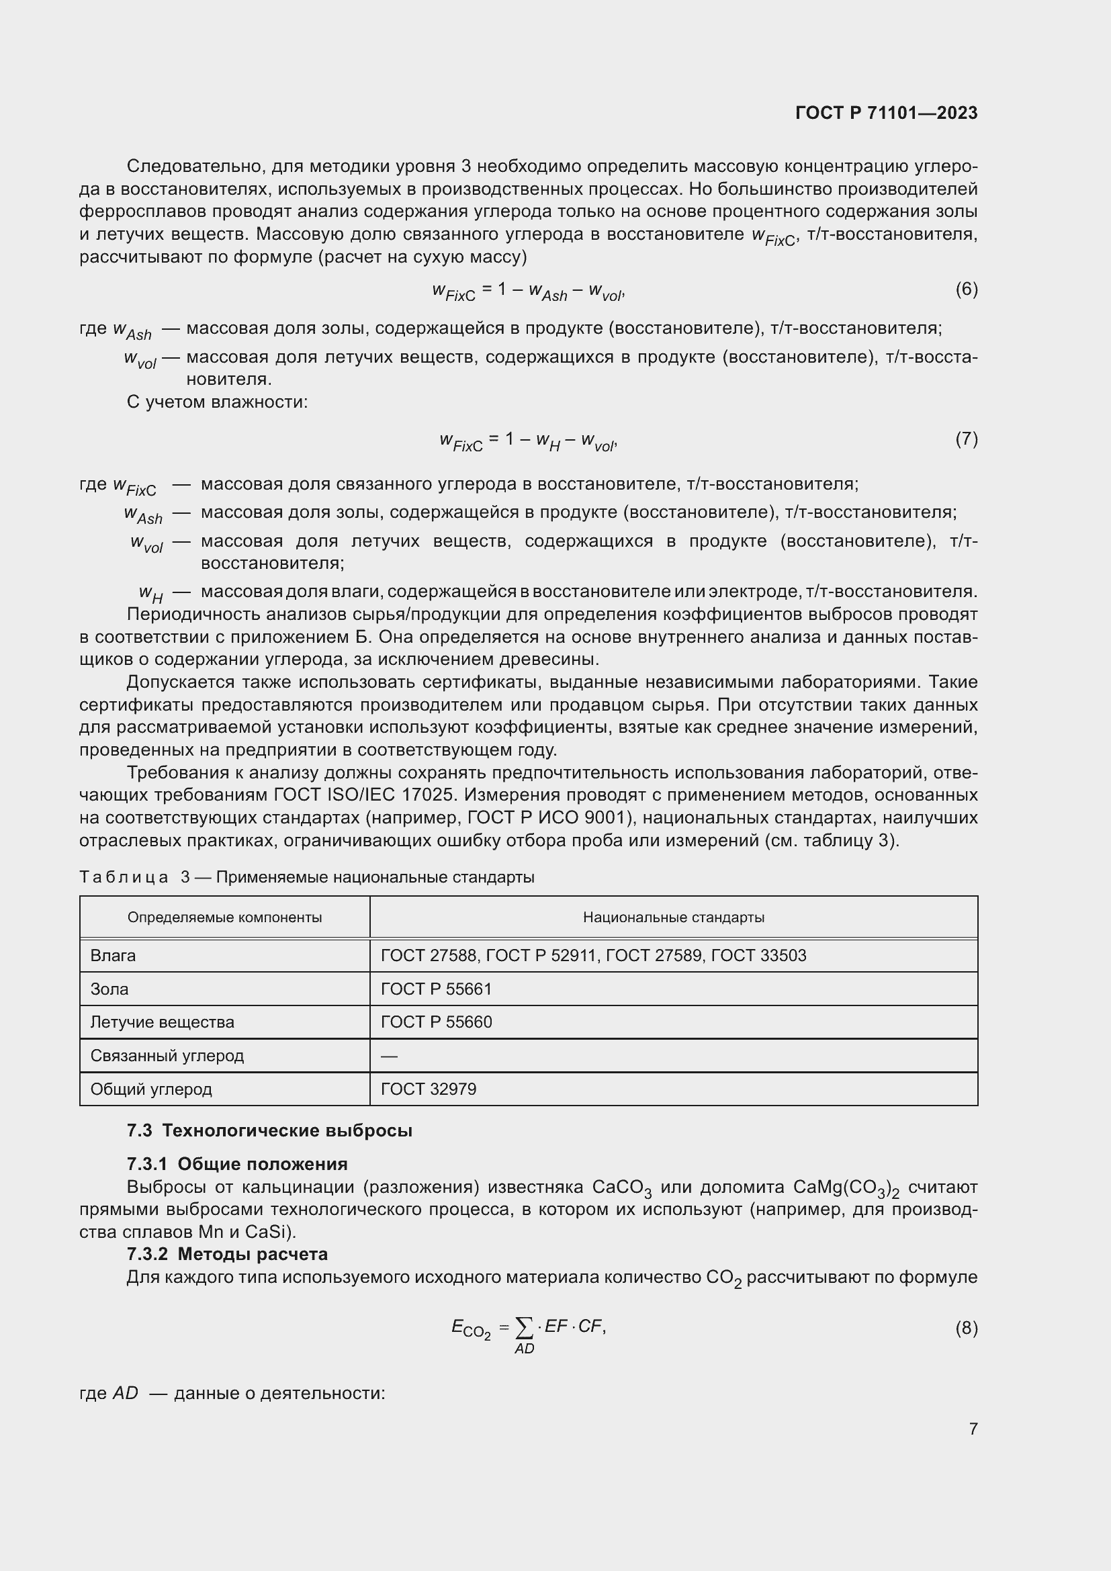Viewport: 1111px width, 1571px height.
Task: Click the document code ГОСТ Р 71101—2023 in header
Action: tap(886, 113)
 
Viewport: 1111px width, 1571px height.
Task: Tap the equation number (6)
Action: tap(966, 289)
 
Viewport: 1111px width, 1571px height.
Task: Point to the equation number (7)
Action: tap(966, 439)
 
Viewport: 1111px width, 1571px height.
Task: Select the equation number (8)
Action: tap(966, 1328)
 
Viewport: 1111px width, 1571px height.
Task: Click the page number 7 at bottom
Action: tap(973, 1429)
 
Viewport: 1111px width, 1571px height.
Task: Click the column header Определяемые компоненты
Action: tap(224, 917)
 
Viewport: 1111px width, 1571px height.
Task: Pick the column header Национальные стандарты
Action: tap(673, 917)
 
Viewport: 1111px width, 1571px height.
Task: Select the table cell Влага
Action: tap(113, 955)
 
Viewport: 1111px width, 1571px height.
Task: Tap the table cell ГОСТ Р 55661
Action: tap(436, 989)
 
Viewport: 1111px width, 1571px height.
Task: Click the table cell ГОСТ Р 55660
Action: tap(436, 1022)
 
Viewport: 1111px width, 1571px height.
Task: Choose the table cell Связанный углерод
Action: tap(167, 1056)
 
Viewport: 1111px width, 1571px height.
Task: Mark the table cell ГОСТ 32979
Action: tap(429, 1089)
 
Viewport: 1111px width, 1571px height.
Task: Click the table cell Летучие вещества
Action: tap(162, 1022)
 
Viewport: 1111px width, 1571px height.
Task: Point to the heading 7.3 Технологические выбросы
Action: tap(269, 1130)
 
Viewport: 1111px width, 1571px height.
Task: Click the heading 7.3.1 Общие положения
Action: tap(236, 1164)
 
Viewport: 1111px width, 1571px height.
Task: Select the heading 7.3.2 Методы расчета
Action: tap(227, 1254)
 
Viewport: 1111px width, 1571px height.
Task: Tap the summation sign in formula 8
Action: tap(523, 1328)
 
